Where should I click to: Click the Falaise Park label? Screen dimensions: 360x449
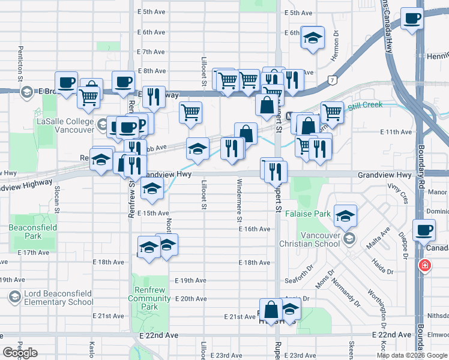tap(309, 214)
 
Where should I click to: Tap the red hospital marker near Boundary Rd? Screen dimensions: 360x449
tap(425, 265)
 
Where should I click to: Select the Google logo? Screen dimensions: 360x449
tap(20, 353)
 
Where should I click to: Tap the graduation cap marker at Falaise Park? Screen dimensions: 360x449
tap(345, 216)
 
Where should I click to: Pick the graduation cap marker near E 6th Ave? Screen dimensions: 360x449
tap(312, 37)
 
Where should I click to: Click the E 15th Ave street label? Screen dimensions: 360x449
tap(152, 213)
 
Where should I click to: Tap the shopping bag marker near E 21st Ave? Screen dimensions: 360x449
tap(271, 310)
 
